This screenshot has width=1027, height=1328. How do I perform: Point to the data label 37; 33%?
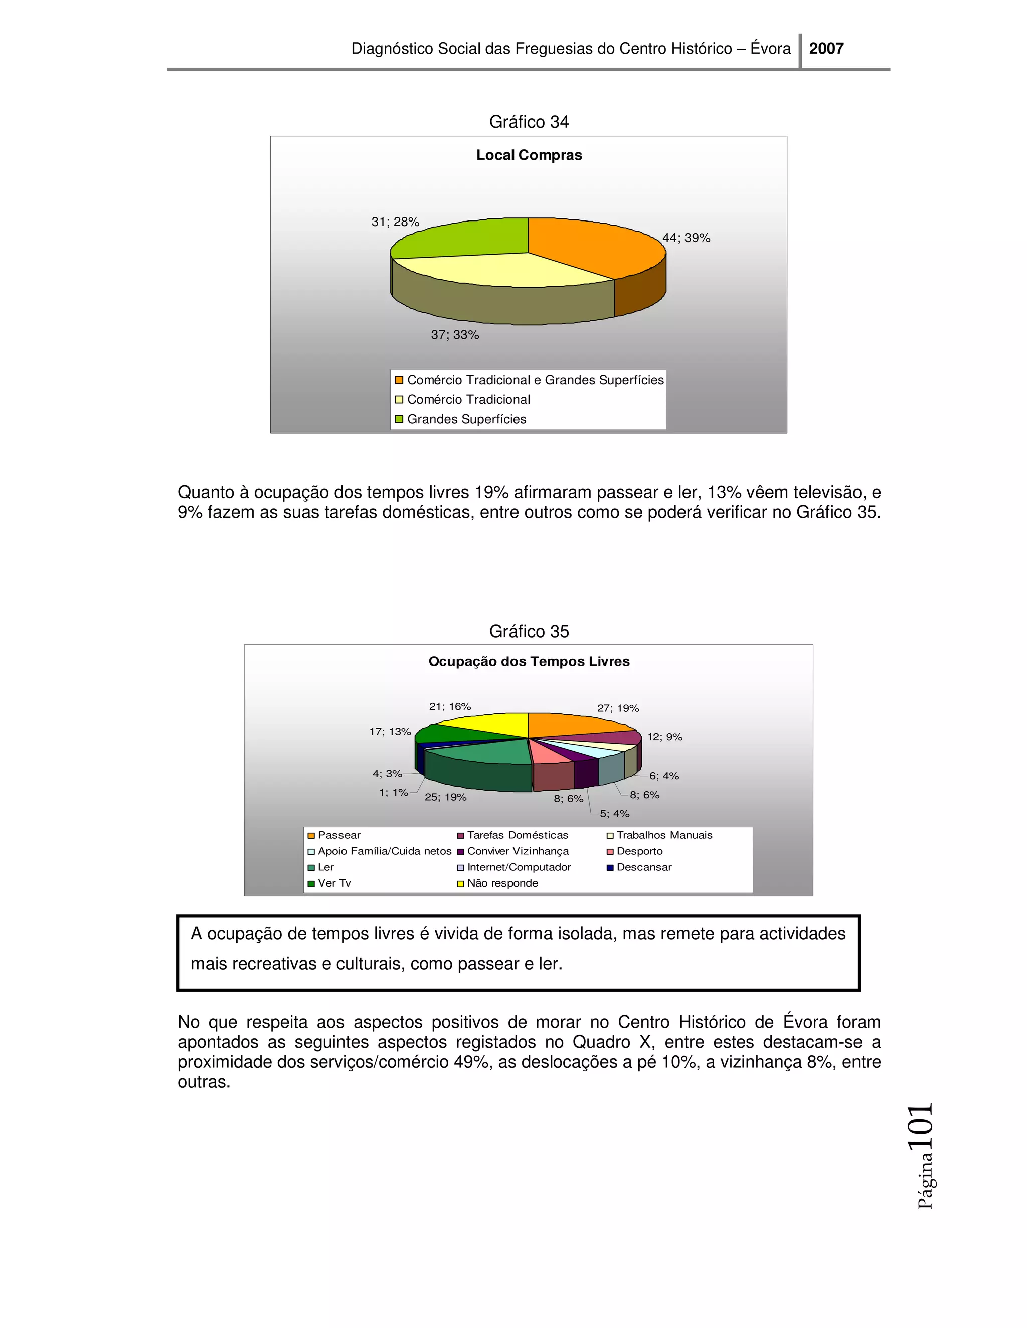(455, 335)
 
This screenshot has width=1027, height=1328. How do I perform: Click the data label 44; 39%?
(687, 238)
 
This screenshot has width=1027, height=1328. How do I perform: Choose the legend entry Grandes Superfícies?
(466, 419)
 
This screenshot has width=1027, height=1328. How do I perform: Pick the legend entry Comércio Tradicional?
(468, 399)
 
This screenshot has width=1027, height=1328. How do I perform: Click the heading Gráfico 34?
(529, 122)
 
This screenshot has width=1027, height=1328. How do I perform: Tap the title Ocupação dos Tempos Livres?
(529, 661)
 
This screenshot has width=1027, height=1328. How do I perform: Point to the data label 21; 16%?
(450, 706)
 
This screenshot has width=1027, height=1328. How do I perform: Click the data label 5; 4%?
(614, 813)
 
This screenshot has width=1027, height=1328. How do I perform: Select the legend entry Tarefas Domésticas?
(517, 835)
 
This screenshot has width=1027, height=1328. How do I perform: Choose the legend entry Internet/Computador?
(519, 867)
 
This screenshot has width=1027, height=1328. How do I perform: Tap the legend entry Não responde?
(502, 883)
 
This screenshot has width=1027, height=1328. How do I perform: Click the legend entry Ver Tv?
(334, 883)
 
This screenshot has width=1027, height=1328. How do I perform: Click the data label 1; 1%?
(394, 792)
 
